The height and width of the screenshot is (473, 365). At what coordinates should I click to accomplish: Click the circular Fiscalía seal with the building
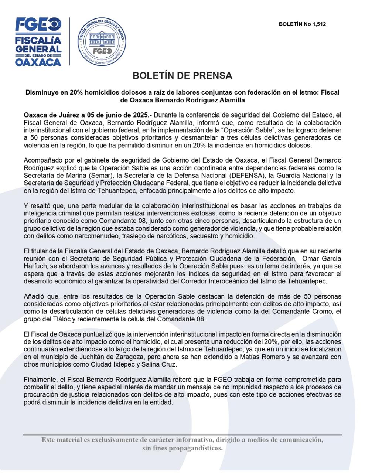tap(102, 42)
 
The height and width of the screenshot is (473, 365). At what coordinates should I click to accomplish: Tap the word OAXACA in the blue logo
tap(38, 61)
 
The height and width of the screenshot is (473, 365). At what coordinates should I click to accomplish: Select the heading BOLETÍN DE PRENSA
tap(182, 76)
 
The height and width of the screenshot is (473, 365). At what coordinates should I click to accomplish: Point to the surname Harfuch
tap(35, 266)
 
